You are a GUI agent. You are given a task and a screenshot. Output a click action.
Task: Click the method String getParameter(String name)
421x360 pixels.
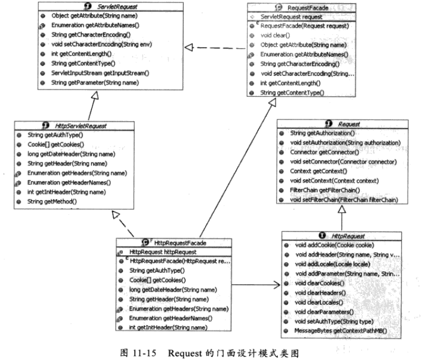[x=95, y=83]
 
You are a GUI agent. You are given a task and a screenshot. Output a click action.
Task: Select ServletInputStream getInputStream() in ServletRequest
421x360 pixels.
[x=101, y=73]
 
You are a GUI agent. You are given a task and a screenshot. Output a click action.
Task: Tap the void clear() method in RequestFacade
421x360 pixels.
[x=274, y=35]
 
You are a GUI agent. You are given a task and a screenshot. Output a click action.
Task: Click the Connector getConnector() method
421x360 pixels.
[x=322, y=152]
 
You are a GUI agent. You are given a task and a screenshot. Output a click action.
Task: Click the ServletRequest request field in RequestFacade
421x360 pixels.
[x=285, y=16]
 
